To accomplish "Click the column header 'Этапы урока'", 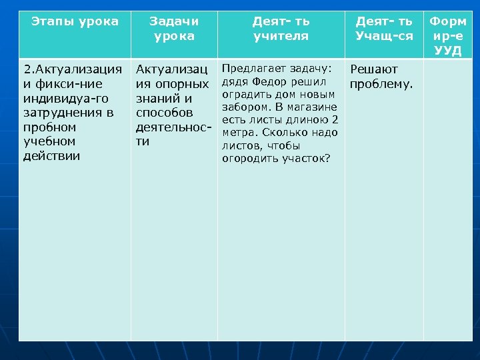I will [75, 21].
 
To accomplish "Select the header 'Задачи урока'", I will [173, 29].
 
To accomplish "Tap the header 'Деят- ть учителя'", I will [281, 29].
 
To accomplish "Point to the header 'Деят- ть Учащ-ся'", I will [383, 29].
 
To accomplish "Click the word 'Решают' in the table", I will [374, 69].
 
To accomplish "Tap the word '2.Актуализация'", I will [73, 69].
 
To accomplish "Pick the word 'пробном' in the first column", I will [49, 127].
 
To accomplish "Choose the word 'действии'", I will [51, 156].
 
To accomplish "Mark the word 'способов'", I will [164, 113].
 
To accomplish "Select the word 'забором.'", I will [244, 107].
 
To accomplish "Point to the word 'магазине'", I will [315, 107].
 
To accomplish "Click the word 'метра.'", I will [239, 133].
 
